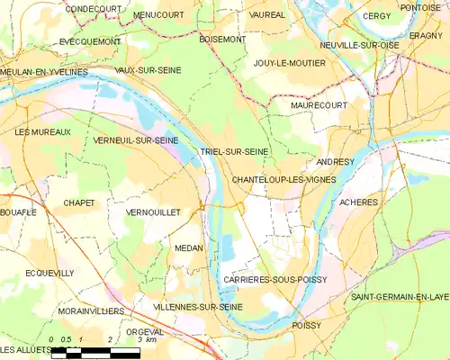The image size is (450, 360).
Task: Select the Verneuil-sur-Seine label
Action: pos(135,141)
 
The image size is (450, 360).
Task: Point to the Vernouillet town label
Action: pos(154,211)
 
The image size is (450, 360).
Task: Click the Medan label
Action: pos(189,247)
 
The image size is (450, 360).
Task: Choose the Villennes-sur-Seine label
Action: pos(198,307)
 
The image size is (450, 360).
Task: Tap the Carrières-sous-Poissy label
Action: pos(274,280)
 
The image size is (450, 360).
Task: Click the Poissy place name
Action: pos(306,325)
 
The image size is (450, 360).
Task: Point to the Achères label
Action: pos(359,202)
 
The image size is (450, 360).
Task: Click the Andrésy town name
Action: pos(336,162)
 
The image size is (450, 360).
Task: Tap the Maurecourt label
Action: pos(319,105)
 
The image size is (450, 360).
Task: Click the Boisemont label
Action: pos(221,40)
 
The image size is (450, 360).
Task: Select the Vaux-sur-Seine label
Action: pos(146,69)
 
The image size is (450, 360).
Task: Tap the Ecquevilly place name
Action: pos(49,273)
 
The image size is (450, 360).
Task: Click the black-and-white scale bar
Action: pos(94,353)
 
